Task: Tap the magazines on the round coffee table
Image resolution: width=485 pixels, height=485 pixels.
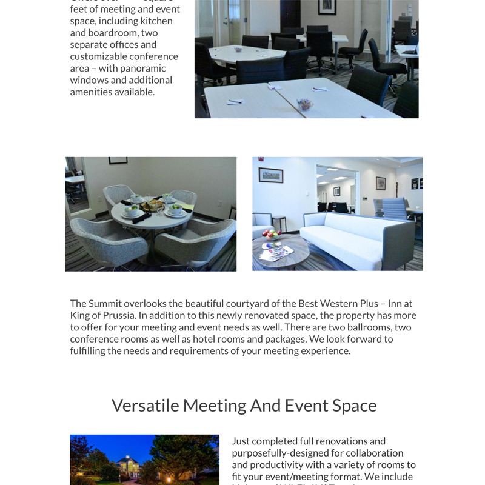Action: pos(276,252)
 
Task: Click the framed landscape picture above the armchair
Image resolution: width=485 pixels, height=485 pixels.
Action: pos(270,175)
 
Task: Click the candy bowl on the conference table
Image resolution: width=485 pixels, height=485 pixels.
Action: pos(305,104)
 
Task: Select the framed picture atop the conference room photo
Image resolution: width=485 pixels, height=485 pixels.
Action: pos(327,7)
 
